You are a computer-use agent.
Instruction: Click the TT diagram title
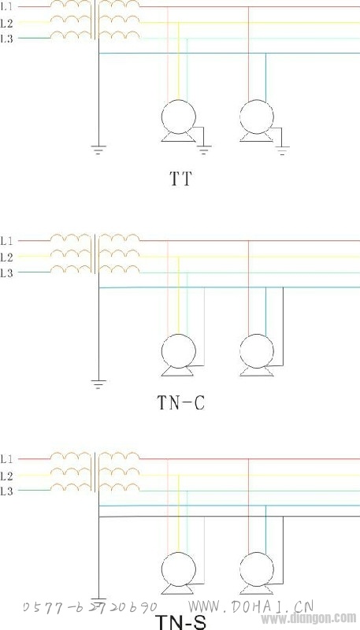coord(181,179)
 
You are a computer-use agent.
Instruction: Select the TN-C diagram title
coord(181,402)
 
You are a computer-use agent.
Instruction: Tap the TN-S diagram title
coord(181,621)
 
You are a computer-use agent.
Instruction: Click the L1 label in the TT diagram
coord(7,7)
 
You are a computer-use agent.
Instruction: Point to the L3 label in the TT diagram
coord(7,39)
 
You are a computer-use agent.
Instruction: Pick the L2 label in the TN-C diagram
coord(7,257)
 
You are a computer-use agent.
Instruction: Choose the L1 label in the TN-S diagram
coord(7,459)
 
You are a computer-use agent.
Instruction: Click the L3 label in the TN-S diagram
coord(7,491)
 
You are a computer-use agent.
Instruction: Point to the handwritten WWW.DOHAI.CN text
coord(251,606)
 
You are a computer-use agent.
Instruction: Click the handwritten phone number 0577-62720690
coord(90,607)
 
